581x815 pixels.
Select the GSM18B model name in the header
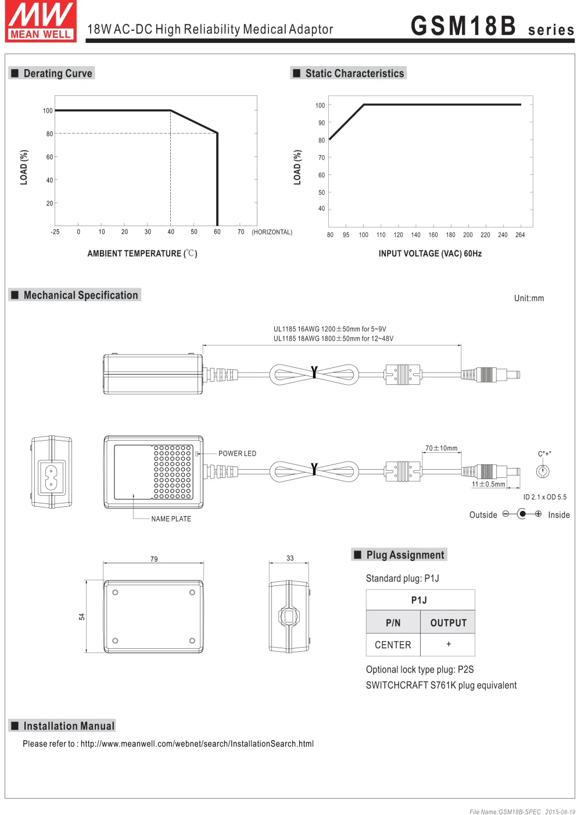pyautogui.click(x=463, y=26)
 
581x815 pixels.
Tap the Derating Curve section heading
pyautogui.click(x=58, y=73)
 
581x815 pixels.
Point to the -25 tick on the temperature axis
pyautogui.click(x=55, y=232)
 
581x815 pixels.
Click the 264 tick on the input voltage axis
pyautogui.click(x=520, y=235)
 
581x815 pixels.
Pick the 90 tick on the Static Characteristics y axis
pyautogui.click(x=321, y=123)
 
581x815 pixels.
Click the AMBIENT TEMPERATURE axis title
pyautogui.click(x=142, y=253)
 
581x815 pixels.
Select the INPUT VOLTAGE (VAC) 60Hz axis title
pyautogui.click(x=430, y=253)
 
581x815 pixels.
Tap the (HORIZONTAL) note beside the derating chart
pyautogui.click(x=272, y=232)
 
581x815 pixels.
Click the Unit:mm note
pyautogui.click(x=529, y=298)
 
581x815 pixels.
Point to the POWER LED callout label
pyautogui.click(x=237, y=453)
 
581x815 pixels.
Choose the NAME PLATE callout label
pyautogui.click(x=171, y=519)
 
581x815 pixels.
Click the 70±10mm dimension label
pyautogui.click(x=441, y=448)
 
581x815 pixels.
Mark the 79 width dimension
pyautogui.click(x=154, y=559)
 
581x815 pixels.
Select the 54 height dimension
pyautogui.click(x=82, y=617)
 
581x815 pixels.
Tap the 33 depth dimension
pyautogui.click(x=290, y=558)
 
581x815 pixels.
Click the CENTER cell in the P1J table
pyautogui.click(x=393, y=645)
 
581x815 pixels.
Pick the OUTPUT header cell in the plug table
pyautogui.click(x=448, y=623)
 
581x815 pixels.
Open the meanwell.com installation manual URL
pyautogui.click(x=197, y=743)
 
